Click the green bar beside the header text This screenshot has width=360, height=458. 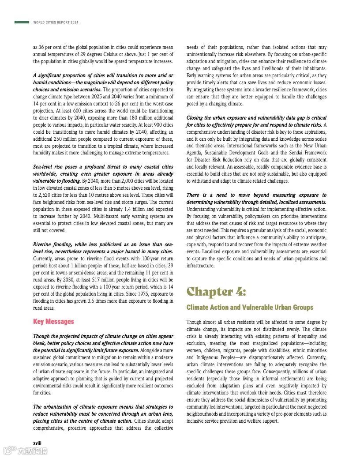tap(22, 22)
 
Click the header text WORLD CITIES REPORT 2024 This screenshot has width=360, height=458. tap(56, 23)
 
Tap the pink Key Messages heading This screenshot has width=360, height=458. tap(53, 322)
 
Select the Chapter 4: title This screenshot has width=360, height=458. tap(216, 292)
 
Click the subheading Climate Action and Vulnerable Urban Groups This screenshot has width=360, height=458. tap(250, 308)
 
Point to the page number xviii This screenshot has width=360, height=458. tap(38, 442)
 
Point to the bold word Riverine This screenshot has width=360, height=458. tap(43, 244)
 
